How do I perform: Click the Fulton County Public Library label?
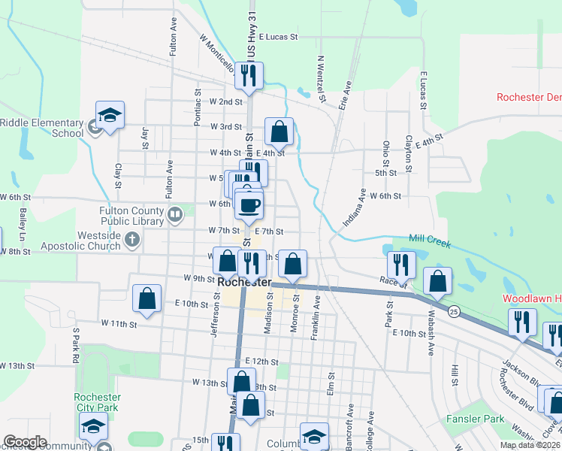click(131, 216)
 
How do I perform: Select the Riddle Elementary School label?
click(41, 128)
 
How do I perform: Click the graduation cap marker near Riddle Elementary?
click(110, 116)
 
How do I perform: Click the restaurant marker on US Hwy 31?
click(249, 75)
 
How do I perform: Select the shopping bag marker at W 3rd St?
click(279, 132)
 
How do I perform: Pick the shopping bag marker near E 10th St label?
click(147, 298)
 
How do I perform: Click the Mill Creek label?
click(431, 238)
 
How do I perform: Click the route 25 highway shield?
click(454, 310)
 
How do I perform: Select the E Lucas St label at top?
click(278, 36)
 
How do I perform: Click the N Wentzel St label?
click(321, 79)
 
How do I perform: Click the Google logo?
click(25, 442)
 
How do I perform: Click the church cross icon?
click(132, 240)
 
